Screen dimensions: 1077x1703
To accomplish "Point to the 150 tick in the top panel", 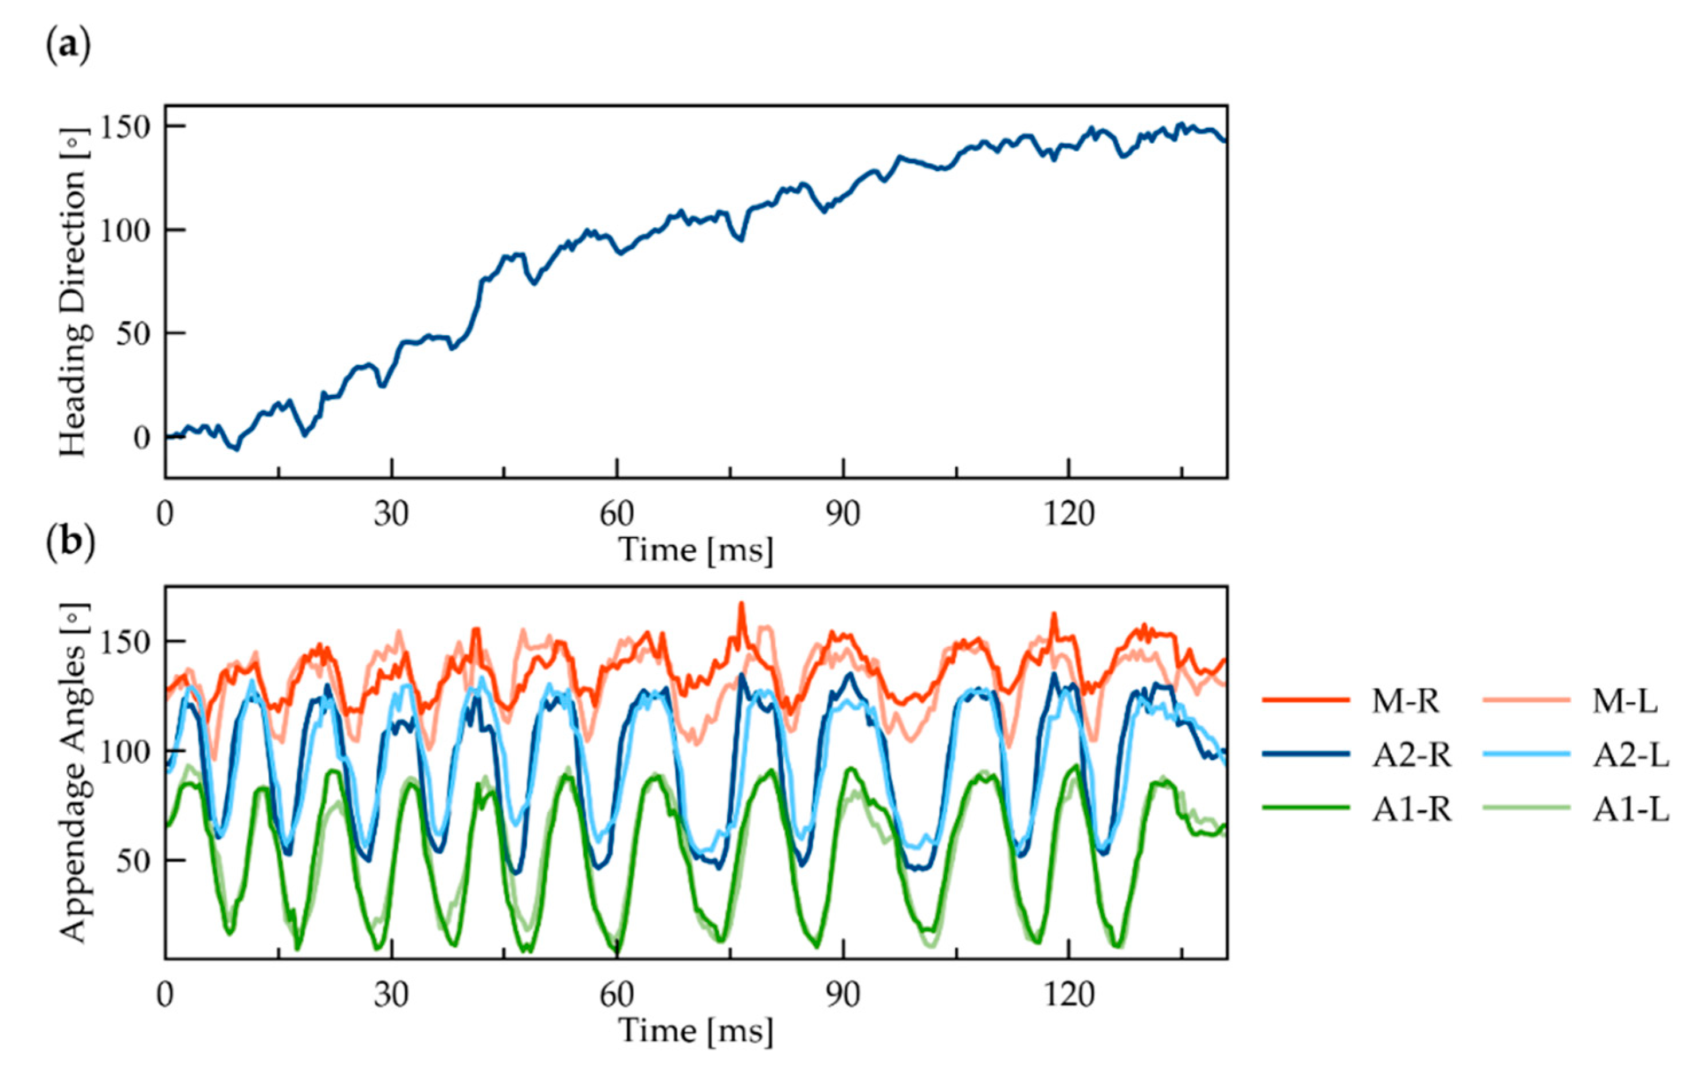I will [124, 127].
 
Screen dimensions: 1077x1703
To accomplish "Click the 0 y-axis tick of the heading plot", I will [142, 438].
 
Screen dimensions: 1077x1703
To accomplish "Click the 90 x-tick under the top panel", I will [843, 514].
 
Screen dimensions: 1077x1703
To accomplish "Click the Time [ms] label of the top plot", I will [696, 549].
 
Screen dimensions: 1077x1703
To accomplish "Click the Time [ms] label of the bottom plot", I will [696, 1031].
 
